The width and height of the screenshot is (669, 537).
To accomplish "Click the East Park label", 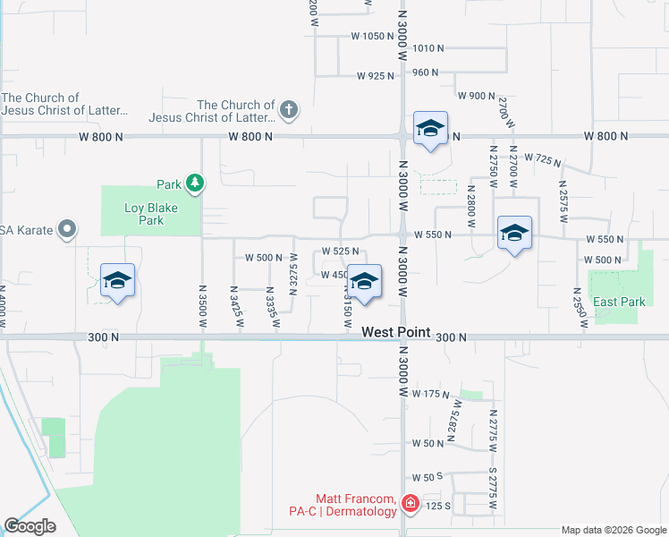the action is pos(619,302).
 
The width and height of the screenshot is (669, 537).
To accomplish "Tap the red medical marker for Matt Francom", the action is pos(411,504).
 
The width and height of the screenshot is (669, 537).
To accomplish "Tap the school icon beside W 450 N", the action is pos(364,281).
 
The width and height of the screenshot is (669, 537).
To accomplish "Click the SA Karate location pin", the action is pos(66,230).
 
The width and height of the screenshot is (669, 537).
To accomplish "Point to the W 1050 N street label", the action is pos(373,37).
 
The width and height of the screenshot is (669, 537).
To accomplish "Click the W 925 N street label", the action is pos(375,76).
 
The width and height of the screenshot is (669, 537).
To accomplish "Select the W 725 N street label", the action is pos(543,159).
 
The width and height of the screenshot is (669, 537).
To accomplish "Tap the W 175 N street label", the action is pos(429,394).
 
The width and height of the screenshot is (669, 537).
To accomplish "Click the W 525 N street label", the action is pos(341,252).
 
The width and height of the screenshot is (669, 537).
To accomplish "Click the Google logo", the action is pos(30,526).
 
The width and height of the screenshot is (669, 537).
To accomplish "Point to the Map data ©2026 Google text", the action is pos(613,530).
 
